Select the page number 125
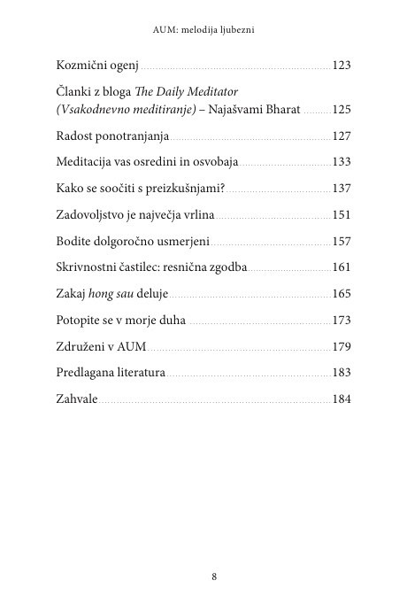click(342, 111)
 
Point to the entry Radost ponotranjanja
click(111, 136)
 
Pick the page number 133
click(342, 162)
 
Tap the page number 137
click(342, 188)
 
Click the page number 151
click(342, 214)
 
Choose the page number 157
click(342, 241)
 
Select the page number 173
click(342, 319)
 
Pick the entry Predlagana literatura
click(111, 373)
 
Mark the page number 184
click(342, 398)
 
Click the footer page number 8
click(215, 576)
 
